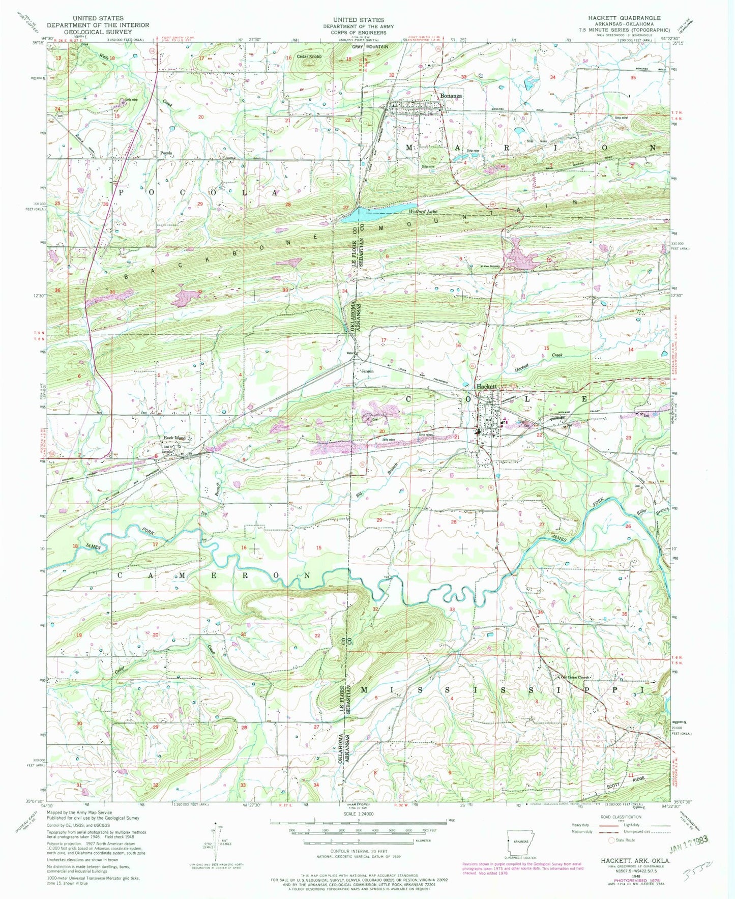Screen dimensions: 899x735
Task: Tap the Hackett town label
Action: (x=486, y=387)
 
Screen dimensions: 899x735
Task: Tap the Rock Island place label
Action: (x=174, y=438)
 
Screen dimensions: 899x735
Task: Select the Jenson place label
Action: (x=367, y=371)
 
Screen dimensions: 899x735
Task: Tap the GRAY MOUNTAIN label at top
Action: (x=370, y=47)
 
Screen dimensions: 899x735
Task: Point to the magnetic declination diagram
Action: (x=218, y=845)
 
